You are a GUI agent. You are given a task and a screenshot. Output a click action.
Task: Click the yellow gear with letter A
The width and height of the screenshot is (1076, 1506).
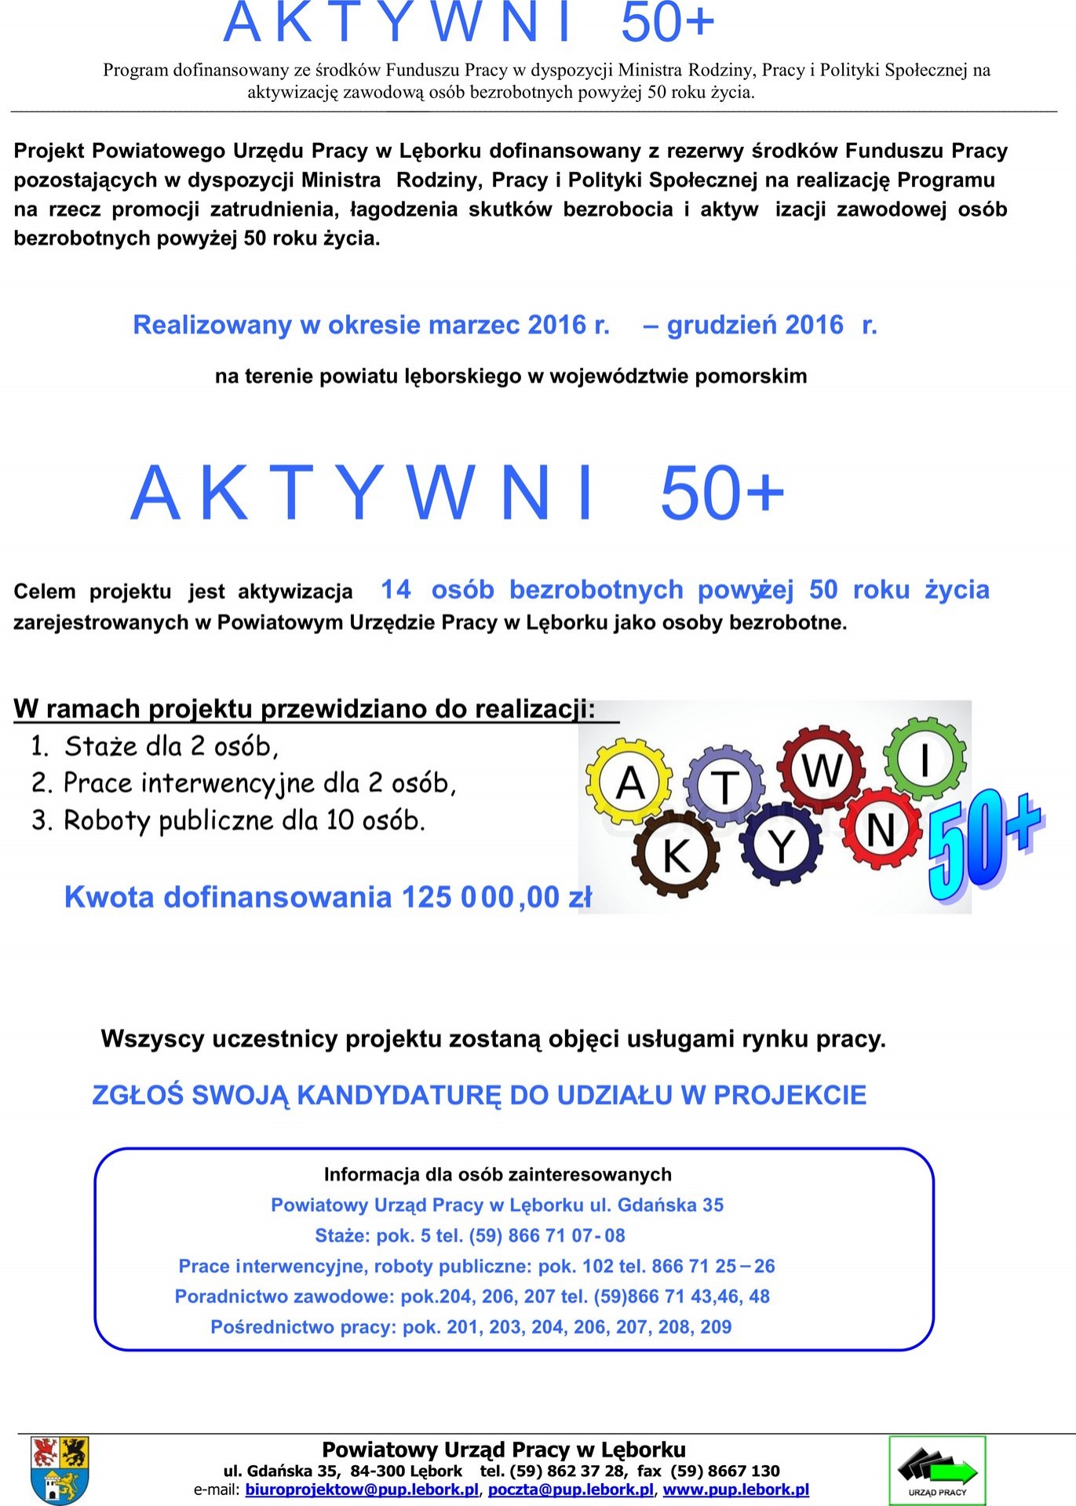(x=629, y=782)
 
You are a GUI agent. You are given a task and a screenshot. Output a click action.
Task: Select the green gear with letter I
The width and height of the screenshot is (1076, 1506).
(x=925, y=758)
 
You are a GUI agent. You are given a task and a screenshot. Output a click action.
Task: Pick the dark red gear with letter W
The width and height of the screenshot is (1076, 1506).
(x=822, y=769)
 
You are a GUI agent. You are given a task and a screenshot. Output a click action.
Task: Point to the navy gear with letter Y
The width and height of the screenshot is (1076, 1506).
(x=781, y=846)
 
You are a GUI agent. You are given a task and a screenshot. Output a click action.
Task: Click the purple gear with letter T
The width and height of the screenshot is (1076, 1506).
(x=724, y=787)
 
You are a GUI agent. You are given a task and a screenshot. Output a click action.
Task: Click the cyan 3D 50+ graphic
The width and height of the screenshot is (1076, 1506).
(x=983, y=844)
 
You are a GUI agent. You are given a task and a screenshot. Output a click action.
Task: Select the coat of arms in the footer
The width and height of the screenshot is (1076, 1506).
(x=60, y=1469)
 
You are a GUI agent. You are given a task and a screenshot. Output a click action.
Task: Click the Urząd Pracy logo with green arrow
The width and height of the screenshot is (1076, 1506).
(x=936, y=1470)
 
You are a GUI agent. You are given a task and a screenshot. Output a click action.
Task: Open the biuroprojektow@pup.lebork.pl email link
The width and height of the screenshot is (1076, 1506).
(x=362, y=1490)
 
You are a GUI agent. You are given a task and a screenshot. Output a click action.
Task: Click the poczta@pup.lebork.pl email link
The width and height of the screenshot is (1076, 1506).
(x=571, y=1490)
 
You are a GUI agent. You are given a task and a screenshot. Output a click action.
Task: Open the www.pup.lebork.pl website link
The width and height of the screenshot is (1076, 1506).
(x=736, y=1490)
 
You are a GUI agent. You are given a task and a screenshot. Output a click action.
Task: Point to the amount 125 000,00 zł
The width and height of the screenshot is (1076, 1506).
(x=496, y=897)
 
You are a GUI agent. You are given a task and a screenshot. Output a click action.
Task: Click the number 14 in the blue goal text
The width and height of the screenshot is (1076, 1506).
(x=396, y=589)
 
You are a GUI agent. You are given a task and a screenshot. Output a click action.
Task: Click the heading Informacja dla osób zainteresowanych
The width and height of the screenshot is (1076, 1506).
(x=498, y=1174)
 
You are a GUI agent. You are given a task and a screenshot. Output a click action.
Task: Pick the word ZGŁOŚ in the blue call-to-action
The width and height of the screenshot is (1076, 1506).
(x=137, y=1095)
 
